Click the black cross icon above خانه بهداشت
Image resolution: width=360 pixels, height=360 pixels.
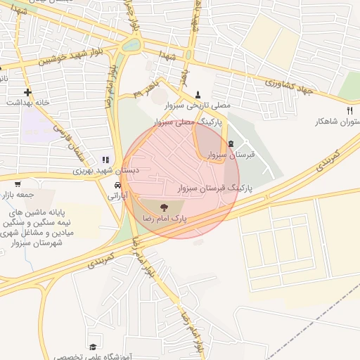pos(27,92)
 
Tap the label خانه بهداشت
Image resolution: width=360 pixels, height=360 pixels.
pos(28,103)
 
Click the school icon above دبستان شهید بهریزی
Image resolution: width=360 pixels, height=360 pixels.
pos(105,160)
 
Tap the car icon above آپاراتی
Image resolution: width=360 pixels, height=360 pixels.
pos(116,186)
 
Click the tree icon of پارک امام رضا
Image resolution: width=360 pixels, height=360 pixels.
pos(164,207)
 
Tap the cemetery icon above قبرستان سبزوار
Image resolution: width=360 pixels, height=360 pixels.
pos(231,143)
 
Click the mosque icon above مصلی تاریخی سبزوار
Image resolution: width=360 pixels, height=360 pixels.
pos(198,94)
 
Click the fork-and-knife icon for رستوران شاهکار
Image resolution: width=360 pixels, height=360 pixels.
pos(349,111)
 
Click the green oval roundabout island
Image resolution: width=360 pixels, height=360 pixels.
pos(131,46)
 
